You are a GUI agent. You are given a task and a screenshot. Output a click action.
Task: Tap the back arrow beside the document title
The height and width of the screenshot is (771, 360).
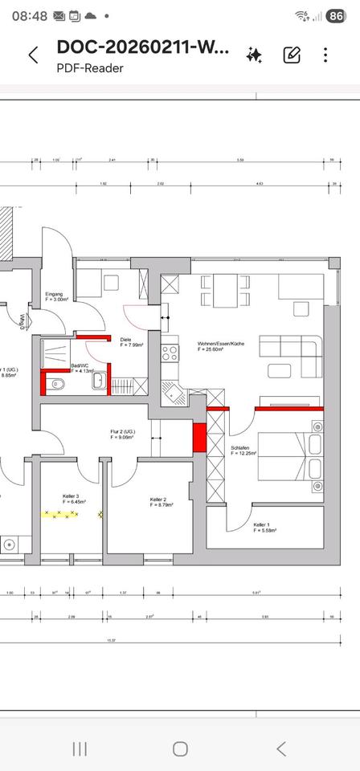click(x=33, y=55)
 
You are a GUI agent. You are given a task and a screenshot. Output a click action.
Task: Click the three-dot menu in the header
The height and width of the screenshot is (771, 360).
click(x=325, y=55)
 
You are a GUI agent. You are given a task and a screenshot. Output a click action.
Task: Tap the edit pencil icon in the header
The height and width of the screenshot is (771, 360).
click(x=292, y=55)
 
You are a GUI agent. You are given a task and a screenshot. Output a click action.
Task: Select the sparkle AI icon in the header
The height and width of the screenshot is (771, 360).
click(x=255, y=55)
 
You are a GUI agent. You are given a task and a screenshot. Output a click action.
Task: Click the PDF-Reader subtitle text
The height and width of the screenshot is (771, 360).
click(x=90, y=68)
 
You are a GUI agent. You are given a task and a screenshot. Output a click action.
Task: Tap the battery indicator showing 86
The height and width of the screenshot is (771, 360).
click(x=336, y=15)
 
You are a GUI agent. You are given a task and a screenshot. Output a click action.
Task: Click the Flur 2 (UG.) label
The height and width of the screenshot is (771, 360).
click(x=124, y=434)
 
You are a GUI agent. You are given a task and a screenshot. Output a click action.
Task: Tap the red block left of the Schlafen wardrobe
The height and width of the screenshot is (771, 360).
click(x=199, y=437)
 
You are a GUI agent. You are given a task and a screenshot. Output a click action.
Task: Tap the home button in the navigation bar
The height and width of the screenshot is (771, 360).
click(x=180, y=749)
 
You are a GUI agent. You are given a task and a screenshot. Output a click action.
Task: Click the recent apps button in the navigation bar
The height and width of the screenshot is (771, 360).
click(x=80, y=749)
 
